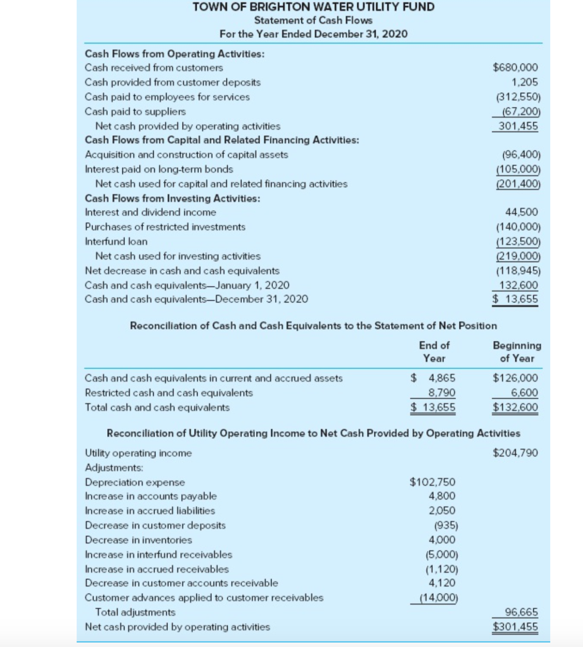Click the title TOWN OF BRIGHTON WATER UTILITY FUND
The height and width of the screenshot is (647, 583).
(x=314, y=7)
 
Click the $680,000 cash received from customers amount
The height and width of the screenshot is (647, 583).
(x=515, y=68)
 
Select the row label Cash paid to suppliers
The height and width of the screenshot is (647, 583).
(x=135, y=111)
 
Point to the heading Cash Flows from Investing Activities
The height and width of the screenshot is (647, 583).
(x=172, y=198)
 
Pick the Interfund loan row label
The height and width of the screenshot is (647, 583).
(x=116, y=242)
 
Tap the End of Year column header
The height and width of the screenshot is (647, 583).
(x=434, y=351)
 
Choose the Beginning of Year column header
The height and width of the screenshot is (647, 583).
(x=517, y=351)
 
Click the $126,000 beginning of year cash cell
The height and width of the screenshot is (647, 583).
(x=515, y=378)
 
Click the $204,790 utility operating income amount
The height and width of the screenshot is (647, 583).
(x=515, y=453)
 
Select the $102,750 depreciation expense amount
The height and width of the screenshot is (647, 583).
(x=432, y=482)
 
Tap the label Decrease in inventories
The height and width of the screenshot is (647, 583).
(x=138, y=540)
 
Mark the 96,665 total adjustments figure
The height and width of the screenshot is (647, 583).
(x=521, y=612)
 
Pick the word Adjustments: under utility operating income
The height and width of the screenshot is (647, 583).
(x=114, y=468)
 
